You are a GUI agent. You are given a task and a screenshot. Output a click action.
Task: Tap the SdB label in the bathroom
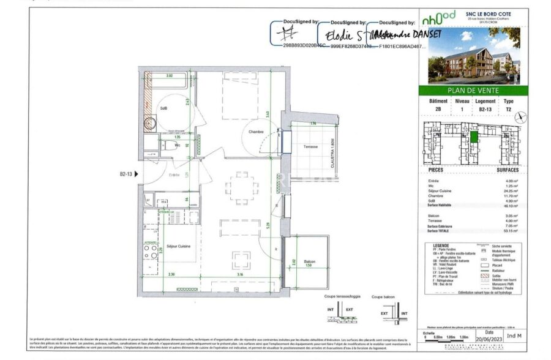click(163, 108)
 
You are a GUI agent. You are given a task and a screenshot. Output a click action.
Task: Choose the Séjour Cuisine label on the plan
click(178, 246)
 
